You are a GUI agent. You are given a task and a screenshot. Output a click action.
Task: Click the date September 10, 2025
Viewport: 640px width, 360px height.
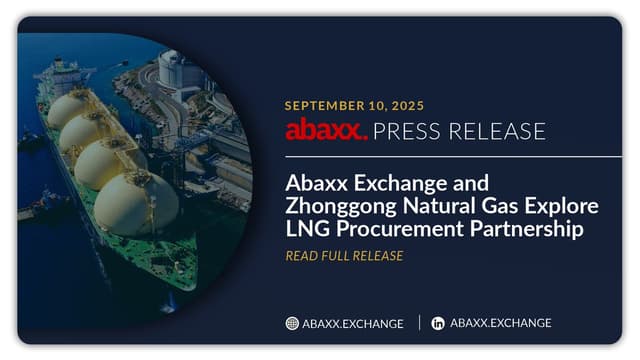pos(354,105)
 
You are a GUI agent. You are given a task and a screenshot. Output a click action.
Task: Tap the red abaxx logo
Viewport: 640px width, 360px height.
pos(326,130)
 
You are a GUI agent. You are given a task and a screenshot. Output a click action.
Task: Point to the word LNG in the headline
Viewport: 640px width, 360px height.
pos(306,229)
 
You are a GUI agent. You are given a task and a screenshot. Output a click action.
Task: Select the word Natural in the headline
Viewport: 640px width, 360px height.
pos(441,207)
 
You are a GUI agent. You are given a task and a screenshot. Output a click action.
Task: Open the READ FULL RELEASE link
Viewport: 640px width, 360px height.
pos(344,256)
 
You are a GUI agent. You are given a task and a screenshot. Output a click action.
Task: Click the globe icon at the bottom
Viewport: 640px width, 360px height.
pos(292,323)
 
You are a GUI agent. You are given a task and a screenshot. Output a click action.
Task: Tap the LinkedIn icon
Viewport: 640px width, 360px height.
pos(438,323)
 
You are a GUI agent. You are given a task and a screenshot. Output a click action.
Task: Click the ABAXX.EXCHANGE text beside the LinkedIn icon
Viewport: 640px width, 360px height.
pos(500,323)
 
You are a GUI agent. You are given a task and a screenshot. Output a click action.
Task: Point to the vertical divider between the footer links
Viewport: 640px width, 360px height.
pos(418,323)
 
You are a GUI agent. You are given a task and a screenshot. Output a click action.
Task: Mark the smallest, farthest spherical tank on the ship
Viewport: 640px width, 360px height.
pos(68,108)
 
